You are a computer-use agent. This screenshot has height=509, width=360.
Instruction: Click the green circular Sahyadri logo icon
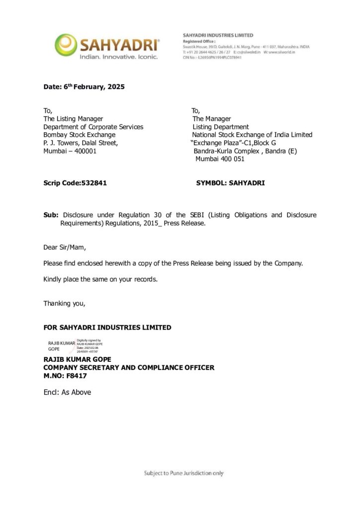click(66, 44)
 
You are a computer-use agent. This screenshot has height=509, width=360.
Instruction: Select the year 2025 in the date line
click(114, 86)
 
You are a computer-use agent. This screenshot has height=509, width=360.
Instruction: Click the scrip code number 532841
click(94, 183)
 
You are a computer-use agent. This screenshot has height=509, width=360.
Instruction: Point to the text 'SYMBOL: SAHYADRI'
click(231, 183)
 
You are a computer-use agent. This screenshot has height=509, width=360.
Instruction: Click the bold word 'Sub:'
click(51, 215)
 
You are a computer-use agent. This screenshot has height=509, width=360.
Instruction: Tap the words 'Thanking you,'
click(64, 303)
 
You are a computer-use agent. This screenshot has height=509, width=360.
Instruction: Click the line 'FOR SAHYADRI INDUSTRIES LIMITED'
click(107, 328)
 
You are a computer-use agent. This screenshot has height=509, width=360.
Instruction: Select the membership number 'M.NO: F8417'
click(65, 376)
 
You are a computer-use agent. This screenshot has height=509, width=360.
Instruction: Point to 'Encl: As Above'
click(67, 392)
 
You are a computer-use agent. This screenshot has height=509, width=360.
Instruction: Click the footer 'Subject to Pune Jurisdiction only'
click(183, 473)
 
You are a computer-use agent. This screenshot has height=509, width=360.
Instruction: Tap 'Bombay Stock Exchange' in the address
click(80, 135)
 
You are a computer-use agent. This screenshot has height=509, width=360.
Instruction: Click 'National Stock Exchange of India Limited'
click(252, 135)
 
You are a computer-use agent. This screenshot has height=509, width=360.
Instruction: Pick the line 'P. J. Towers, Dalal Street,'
click(81, 143)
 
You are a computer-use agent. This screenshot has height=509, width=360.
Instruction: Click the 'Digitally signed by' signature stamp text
click(89, 340)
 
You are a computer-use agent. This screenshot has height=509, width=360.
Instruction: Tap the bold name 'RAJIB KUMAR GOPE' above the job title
click(77, 359)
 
